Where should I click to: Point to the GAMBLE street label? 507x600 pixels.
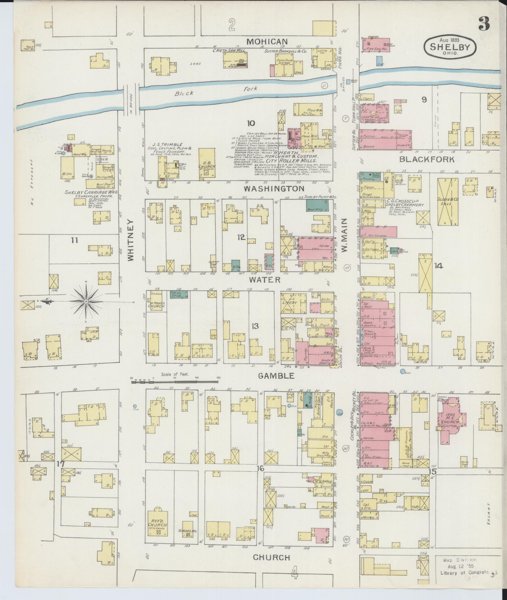(x=276, y=376)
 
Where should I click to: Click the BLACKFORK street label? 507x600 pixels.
(x=427, y=160)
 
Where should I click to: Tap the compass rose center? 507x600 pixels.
(x=86, y=302)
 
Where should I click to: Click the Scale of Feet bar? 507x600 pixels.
(x=175, y=380)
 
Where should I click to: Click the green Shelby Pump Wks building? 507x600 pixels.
(x=318, y=205)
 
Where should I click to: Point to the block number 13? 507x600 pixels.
(x=255, y=326)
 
